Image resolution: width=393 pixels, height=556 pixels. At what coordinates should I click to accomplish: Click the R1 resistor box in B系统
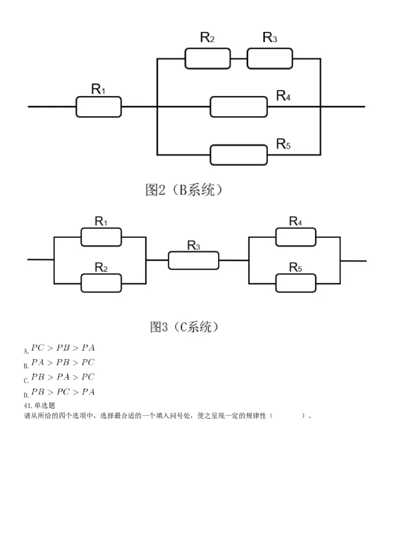[x=98, y=107]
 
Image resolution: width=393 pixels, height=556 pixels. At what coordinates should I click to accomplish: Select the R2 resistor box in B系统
[x=207, y=58]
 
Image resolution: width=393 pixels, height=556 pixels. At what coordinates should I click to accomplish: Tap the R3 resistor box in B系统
[x=270, y=58]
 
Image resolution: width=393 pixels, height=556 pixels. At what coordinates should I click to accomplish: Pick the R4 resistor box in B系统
[x=239, y=107]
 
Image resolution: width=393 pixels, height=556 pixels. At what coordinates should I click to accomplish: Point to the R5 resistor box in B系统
[x=239, y=155]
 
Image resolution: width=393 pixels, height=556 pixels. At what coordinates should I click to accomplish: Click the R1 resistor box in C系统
[x=101, y=237]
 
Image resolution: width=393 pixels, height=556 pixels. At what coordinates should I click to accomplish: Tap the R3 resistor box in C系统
[x=194, y=260]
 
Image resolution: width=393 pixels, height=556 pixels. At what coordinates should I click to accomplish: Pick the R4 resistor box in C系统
[x=296, y=237]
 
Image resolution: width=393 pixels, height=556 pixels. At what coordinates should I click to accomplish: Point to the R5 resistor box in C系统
[x=296, y=283]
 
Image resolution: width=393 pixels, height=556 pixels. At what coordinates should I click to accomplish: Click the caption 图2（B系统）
[x=184, y=190]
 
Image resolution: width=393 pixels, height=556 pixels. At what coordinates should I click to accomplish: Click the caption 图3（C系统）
[x=184, y=327]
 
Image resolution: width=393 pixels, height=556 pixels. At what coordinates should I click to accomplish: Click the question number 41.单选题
[x=39, y=406]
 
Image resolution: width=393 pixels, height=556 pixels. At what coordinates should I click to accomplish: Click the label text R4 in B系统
[x=283, y=95]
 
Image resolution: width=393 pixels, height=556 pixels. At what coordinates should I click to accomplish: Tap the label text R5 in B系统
[x=283, y=143]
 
